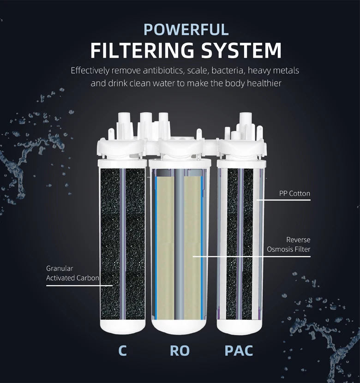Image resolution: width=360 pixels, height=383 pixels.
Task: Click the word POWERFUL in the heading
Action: click(186, 29)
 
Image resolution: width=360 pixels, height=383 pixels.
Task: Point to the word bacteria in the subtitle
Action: click(229, 71)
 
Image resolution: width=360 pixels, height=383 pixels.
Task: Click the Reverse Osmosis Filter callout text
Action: click(288, 245)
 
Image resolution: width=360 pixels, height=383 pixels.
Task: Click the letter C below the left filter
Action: click(122, 350)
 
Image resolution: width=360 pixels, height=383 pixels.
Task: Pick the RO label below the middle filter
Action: click(180, 350)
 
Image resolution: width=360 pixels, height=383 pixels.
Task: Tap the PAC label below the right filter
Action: click(239, 350)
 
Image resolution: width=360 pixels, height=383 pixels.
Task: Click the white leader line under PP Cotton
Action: click(284, 200)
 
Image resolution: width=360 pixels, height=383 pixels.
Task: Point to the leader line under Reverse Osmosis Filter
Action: click(252, 256)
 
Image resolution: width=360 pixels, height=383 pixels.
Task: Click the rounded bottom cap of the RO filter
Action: click(180, 326)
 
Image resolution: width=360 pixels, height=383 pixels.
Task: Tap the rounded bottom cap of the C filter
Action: click(122, 326)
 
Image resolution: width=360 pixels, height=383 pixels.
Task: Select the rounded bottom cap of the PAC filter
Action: click(240, 326)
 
